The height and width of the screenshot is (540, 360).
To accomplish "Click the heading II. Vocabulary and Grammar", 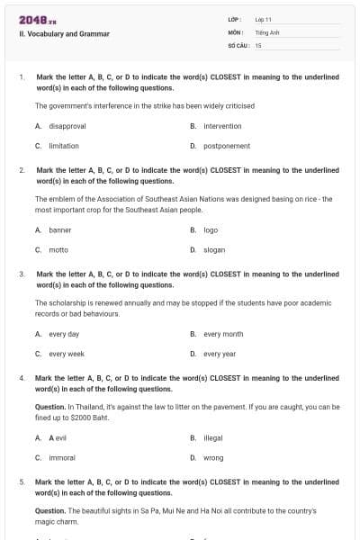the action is tap(64, 34).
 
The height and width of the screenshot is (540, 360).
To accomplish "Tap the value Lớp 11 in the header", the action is tap(264, 19).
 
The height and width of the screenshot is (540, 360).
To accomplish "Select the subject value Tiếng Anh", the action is tap(267, 31).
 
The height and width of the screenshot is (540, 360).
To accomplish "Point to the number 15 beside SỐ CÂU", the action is tap(258, 44).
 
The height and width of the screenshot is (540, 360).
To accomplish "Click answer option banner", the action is tap(59, 230).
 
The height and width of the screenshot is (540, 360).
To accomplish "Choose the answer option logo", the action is tap(211, 230).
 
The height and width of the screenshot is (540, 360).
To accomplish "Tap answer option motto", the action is tap(58, 249).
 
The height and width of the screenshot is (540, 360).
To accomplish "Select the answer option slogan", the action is tap(214, 249).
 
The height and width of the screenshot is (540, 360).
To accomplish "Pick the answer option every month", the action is tap(223, 334).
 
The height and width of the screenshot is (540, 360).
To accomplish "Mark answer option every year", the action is tap(220, 354).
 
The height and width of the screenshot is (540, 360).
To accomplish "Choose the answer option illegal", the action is tap(213, 437).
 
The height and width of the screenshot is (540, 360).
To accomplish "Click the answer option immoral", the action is tap(62, 457).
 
